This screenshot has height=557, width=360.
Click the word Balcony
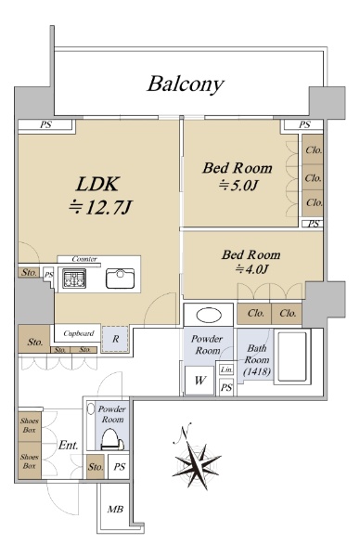[x=186, y=84]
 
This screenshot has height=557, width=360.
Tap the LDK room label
[x=97, y=184]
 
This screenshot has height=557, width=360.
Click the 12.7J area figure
[x=100, y=207]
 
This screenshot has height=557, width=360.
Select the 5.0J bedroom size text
[x=238, y=186]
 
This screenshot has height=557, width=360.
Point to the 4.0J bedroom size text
[x=251, y=269]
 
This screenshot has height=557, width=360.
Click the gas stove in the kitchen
[x=74, y=278]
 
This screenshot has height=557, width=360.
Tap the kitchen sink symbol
[x=121, y=278]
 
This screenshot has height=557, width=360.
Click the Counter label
[x=84, y=259]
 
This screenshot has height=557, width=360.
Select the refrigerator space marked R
[x=115, y=339]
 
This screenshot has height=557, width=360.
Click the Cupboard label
[x=79, y=333]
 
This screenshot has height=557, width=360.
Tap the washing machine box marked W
[x=199, y=381]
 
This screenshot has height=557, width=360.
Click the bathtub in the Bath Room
[x=292, y=357]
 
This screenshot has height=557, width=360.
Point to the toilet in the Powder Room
[x=112, y=440]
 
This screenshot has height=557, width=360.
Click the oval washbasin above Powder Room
[x=209, y=315]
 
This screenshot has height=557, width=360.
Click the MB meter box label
[x=115, y=510]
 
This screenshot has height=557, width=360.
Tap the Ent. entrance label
[x=68, y=445]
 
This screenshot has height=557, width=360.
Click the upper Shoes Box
[x=30, y=426]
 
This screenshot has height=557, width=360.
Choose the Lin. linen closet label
[x=226, y=369]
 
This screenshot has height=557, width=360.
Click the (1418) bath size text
[x=257, y=372]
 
